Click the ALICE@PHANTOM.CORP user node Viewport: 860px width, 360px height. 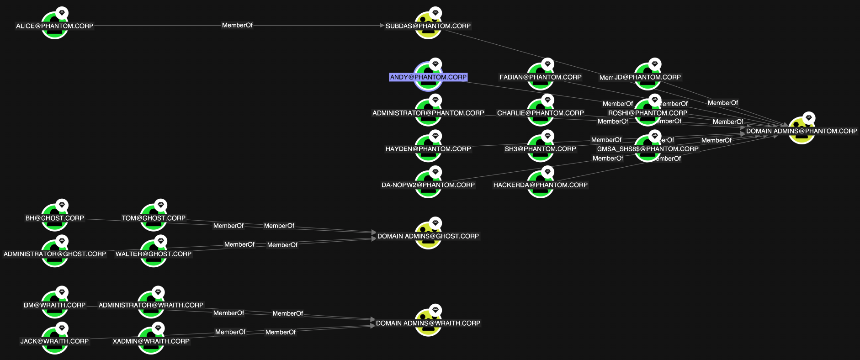55,26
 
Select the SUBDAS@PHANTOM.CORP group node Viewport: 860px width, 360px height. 428,26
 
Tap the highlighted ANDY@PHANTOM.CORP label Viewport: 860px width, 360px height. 428,77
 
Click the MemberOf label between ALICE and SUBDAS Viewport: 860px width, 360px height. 237,26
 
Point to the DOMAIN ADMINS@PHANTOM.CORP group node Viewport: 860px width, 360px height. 802,131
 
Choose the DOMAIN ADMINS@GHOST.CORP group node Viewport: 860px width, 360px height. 428,236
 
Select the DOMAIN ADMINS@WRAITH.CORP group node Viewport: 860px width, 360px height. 428,323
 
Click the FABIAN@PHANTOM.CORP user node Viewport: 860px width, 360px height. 541,77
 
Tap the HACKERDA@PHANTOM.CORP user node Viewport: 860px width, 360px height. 541,185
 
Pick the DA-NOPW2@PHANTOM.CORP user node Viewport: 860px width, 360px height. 428,185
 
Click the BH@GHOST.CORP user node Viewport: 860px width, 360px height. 55,218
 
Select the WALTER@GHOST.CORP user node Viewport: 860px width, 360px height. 154,254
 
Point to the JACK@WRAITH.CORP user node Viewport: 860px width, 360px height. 55,341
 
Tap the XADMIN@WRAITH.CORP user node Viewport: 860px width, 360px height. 151,341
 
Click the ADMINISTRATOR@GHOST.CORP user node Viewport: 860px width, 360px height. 55,254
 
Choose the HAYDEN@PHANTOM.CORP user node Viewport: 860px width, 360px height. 428,149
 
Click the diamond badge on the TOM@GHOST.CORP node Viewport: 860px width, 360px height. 161,205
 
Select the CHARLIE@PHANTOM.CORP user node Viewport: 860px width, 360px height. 541,113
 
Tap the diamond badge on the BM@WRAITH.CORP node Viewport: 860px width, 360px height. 62,292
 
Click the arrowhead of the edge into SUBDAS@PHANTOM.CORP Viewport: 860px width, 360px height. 382,26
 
